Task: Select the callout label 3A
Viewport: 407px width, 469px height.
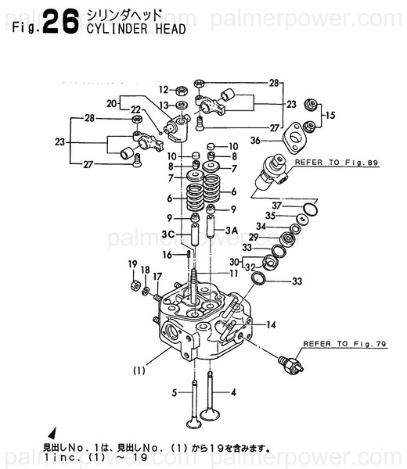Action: pos(232,231)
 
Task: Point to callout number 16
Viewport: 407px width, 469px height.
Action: pos(167,255)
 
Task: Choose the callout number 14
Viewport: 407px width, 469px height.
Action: pos(271,324)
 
